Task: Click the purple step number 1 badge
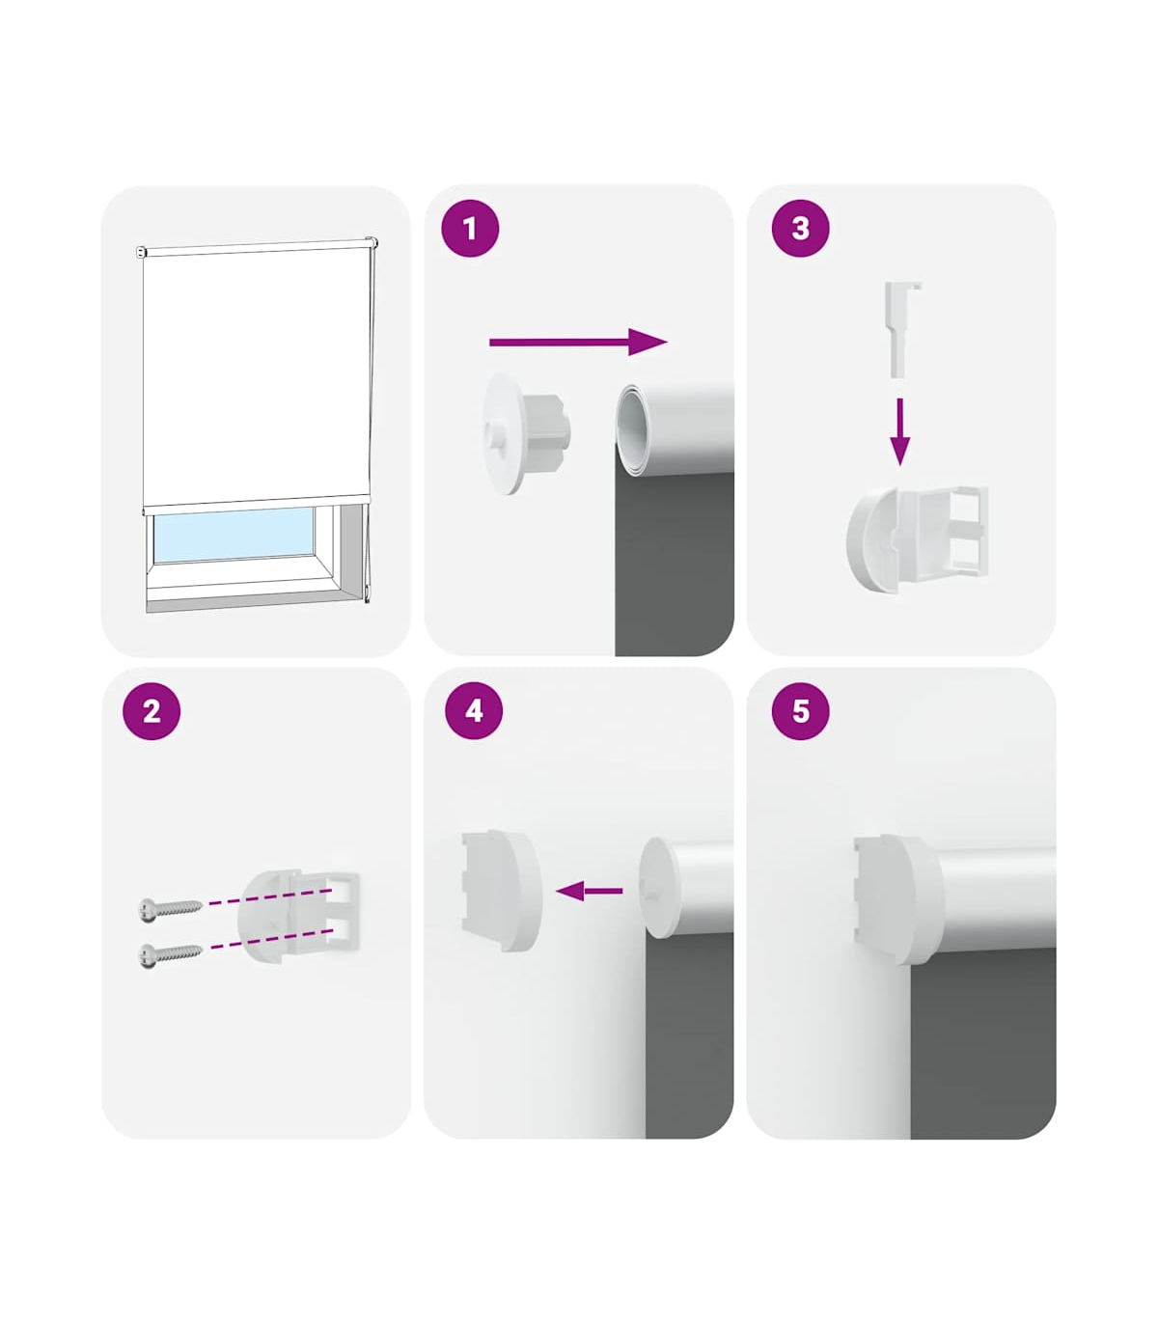click(470, 229)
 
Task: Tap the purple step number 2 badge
click(152, 711)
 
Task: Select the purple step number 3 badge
click(800, 229)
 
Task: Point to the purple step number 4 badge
click(474, 710)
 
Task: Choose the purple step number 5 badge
click(800, 710)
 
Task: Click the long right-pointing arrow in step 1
click(578, 342)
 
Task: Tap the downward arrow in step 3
click(900, 431)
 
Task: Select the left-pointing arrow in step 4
click(590, 891)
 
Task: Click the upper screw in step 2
click(170, 908)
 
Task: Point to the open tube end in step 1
click(630, 429)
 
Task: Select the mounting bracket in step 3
click(917, 539)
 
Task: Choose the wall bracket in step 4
click(502, 891)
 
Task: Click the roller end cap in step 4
click(659, 887)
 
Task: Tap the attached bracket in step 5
click(899, 899)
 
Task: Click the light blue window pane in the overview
click(234, 534)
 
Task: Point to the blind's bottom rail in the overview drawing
click(257, 504)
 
